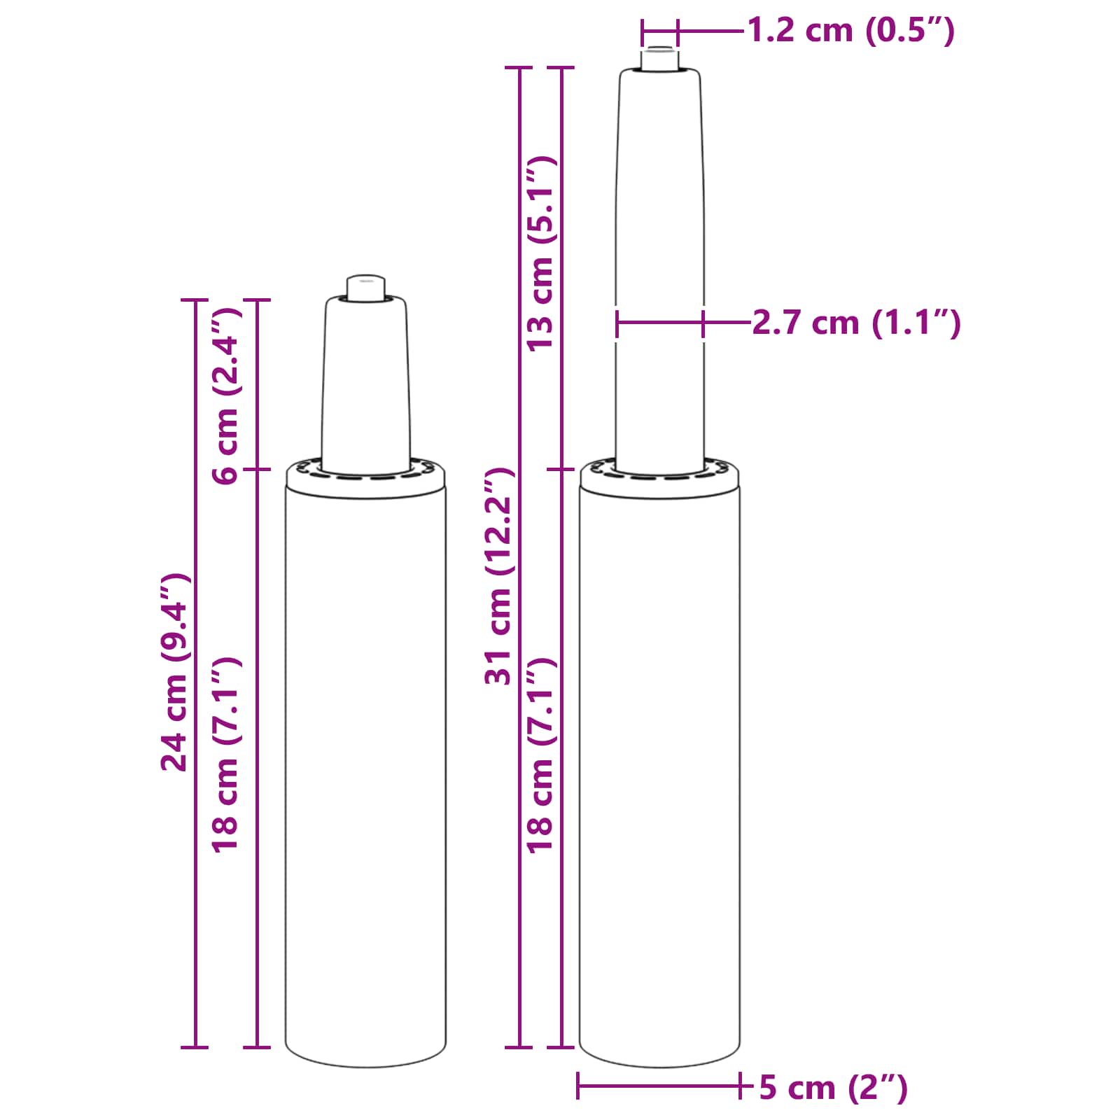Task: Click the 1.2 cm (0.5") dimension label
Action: coord(850,31)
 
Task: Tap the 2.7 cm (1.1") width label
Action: coord(856,323)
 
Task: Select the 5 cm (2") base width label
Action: coord(833,1087)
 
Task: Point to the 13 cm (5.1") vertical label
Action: coord(540,253)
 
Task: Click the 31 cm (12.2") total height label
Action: coord(499,576)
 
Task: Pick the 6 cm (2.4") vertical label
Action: coord(226,395)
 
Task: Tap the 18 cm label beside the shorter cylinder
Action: coord(226,755)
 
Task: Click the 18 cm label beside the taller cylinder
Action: coord(540,755)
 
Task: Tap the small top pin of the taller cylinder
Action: coord(659,59)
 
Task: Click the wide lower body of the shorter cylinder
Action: coord(366,770)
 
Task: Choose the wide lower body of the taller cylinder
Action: coord(660,770)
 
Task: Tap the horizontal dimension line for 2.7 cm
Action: coord(660,323)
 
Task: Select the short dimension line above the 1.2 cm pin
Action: coord(660,31)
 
